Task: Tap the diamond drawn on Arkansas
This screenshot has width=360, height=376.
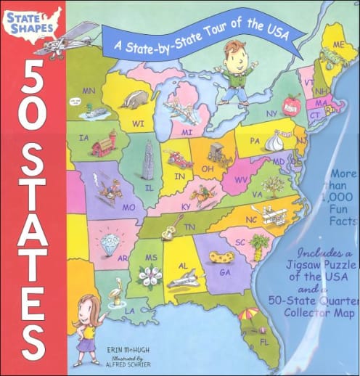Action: click(110, 240)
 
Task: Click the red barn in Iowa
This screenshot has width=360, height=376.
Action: click(103, 144)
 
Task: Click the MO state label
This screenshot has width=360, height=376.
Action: click(130, 206)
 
